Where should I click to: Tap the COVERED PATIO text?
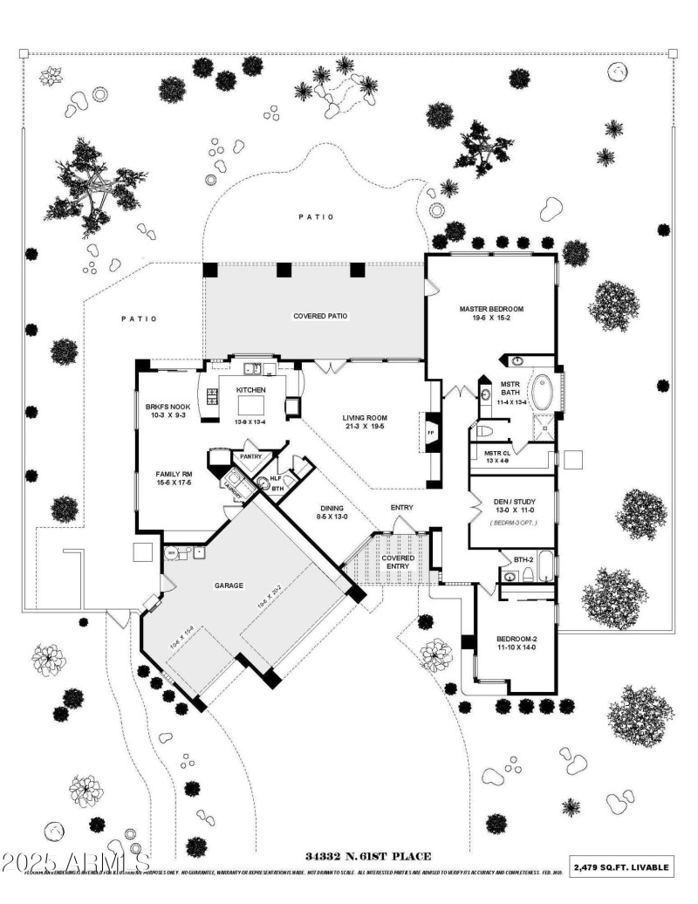coord(320,315)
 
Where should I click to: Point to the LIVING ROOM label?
coord(364,417)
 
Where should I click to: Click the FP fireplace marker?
coord(430,431)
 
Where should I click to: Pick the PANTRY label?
coord(251,455)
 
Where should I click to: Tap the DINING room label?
coord(331,507)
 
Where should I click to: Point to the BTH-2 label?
coord(523,559)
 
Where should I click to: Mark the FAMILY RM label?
coord(168,473)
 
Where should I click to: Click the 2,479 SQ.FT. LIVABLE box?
coord(622,866)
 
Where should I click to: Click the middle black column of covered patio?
coord(283,270)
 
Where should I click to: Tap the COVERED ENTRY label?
coord(398,562)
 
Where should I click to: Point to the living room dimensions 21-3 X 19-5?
coord(364,428)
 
